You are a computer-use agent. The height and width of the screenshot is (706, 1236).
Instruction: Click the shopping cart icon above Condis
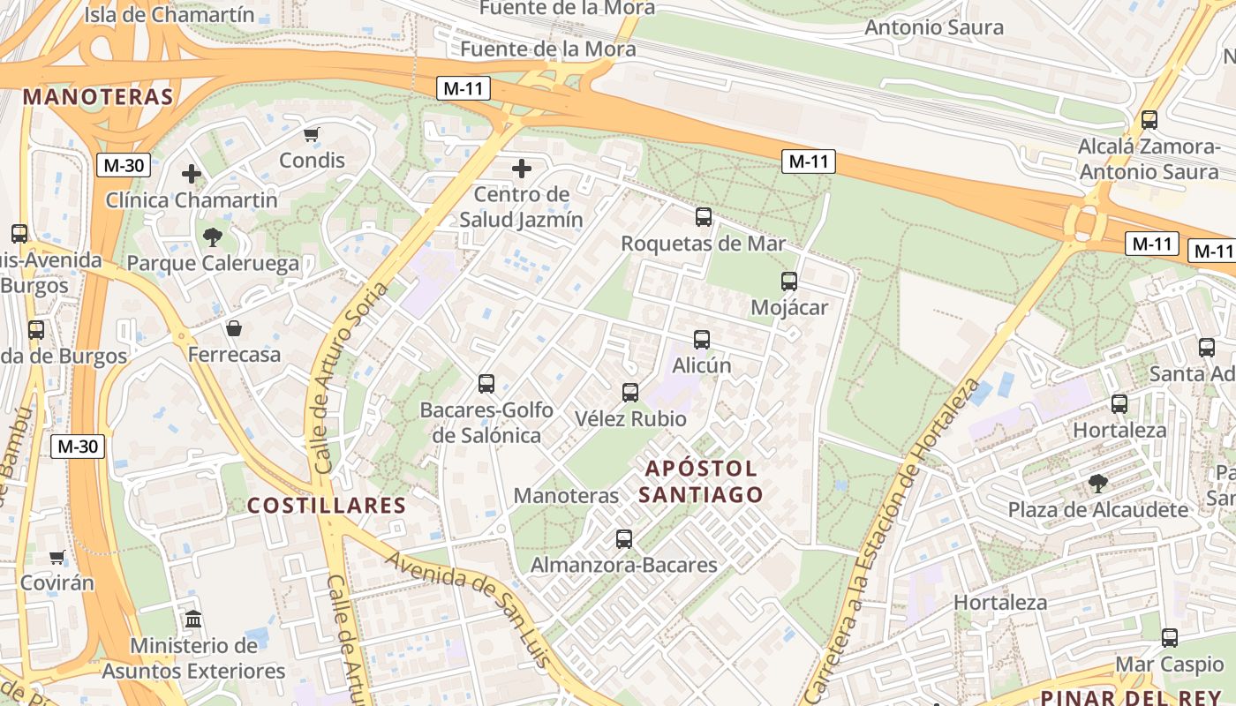point(311,134)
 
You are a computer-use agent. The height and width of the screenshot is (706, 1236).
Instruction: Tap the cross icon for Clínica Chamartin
point(192,174)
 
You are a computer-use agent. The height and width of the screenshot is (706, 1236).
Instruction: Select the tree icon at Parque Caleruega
point(212,237)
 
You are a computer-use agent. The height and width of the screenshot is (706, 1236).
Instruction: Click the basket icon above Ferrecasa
point(234,328)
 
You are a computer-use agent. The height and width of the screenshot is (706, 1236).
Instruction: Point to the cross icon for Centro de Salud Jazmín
point(522,168)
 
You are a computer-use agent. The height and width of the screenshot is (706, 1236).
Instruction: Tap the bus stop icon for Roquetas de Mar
point(704,216)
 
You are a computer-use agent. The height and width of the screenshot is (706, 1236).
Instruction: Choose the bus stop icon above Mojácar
point(789,282)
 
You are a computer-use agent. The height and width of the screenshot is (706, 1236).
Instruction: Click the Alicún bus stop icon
point(702,339)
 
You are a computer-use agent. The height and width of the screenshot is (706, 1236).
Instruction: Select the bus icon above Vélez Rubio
point(630,392)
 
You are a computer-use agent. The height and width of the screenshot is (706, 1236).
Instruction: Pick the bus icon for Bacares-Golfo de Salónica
point(486,383)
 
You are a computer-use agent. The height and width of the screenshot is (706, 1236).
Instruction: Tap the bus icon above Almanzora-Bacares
point(624,538)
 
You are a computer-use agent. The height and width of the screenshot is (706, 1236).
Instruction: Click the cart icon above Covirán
point(57,557)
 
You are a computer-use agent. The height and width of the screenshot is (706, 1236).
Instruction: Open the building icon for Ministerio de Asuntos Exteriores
point(193,619)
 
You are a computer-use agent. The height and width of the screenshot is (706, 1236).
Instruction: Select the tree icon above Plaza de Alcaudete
point(1098,483)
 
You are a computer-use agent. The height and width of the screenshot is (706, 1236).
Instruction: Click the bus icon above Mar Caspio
point(1170,637)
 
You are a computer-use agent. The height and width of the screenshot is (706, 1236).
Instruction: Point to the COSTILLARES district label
point(326,506)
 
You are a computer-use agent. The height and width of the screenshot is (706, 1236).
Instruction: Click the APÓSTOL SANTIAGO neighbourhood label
point(700,481)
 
